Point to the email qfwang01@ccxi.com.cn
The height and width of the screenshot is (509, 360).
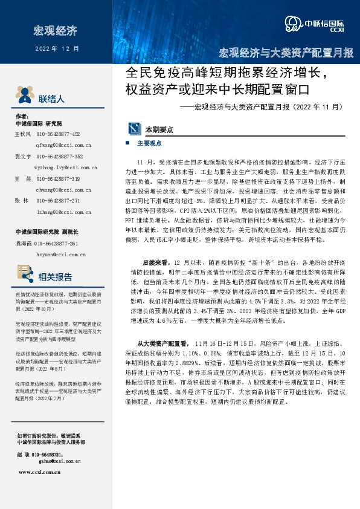coord(63,145)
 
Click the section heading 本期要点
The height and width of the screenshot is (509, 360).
coord(159,129)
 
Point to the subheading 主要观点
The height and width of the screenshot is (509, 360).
coord(149,144)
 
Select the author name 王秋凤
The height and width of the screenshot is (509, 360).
coord(22,134)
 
